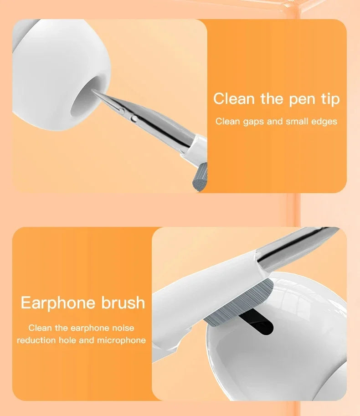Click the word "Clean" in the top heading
point(234,98)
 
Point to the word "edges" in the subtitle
point(324,121)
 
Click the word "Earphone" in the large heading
point(58,303)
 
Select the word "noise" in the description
point(122,328)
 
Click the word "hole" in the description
point(67,340)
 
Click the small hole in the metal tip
point(134,118)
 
